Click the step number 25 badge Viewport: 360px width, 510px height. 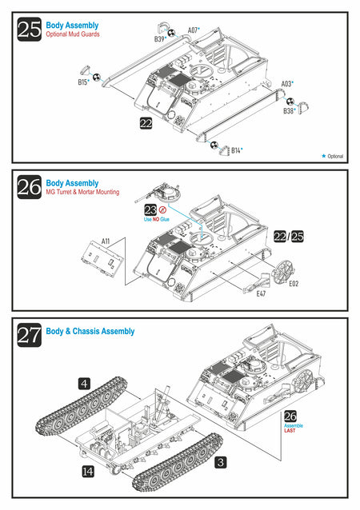[30, 30]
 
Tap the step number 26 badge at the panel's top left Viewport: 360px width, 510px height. [30, 187]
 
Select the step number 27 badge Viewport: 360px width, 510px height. [30, 335]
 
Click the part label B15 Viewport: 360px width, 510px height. [83, 82]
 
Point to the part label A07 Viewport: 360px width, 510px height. [194, 30]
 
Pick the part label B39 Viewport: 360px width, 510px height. [160, 39]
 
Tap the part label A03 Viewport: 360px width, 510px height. [287, 84]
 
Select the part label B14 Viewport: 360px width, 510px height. [237, 150]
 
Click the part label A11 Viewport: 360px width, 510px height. [106, 241]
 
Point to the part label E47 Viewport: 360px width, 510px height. [261, 293]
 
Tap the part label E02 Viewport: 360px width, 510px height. [294, 284]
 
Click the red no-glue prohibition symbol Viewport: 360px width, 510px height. [162, 209]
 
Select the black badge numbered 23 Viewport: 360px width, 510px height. [150, 210]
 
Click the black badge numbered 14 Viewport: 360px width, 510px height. [88, 472]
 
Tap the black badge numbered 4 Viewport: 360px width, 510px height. [84, 384]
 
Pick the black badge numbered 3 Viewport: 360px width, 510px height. [221, 462]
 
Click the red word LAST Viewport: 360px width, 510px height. [290, 430]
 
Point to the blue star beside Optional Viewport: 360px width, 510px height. [323, 156]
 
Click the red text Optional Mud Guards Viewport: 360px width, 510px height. [73, 34]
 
